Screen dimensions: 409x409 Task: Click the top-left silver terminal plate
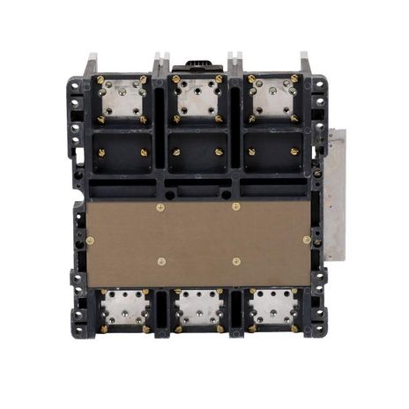tap(123, 99)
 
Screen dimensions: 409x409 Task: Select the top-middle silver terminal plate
tap(198, 99)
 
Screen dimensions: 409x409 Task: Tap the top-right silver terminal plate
tap(273, 99)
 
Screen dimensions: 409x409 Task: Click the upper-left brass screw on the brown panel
tap(160, 208)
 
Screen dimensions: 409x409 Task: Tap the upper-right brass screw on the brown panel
tap(235, 208)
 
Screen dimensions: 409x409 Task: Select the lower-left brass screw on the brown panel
tap(160, 261)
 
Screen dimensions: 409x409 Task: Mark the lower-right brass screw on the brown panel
tap(236, 261)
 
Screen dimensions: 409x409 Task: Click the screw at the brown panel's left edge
tap(90, 240)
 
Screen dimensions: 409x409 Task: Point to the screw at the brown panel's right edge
tap(307, 240)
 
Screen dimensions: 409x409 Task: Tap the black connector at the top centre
tap(197, 67)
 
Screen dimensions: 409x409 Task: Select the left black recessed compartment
tap(123, 152)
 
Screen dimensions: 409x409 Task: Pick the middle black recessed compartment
tap(198, 152)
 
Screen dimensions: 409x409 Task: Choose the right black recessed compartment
tap(273, 152)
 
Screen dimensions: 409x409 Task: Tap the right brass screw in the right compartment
tap(294, 152)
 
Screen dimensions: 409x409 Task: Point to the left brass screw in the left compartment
tap(102, 152)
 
